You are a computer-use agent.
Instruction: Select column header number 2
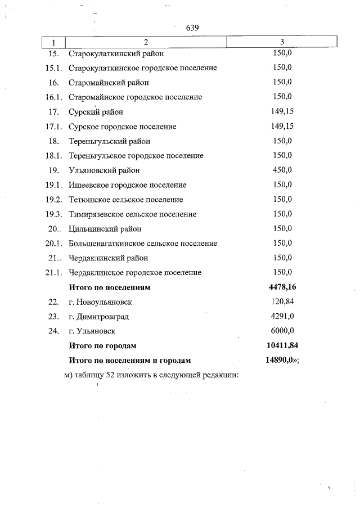[x=146, y=42]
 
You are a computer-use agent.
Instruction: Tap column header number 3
[x=282, y=42]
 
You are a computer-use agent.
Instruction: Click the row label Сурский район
[x=96, y=112]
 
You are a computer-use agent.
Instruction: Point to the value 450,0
[x=282, y=170]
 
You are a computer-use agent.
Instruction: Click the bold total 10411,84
[x=282, y=346]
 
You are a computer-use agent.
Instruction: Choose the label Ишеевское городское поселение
[x=127, y=185]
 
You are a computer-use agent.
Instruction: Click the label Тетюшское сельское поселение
[x=125, y=200]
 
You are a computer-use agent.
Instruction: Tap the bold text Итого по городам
[x=102, y=346]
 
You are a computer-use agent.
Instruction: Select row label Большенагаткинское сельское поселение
[x=143, y=244]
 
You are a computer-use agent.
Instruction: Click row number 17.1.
[x=53, y=127]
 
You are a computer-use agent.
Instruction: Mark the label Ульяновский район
[x=104, y=170]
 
